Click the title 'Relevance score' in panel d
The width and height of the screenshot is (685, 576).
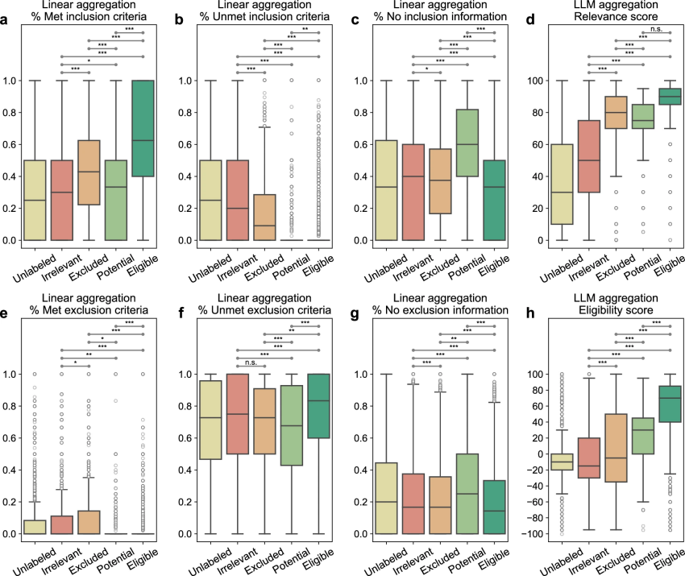click(608, 19)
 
